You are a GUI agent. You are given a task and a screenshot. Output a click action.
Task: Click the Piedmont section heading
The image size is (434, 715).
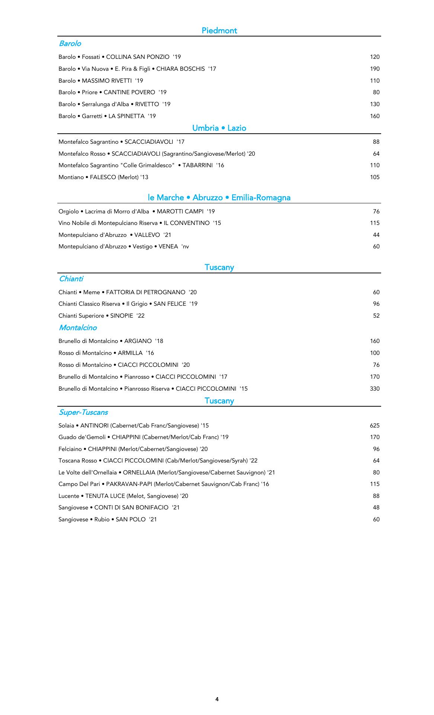[x=219, y=31]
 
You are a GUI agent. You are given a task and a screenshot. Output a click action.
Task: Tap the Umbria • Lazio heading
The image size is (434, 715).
[x=219, y=128]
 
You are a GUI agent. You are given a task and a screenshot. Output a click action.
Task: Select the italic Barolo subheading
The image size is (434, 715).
[x=70, y=44]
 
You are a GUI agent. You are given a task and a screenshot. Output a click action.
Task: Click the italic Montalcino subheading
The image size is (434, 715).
[x=78, y=328]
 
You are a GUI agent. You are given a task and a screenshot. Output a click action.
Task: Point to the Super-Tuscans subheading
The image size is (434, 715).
[x=83, y=412]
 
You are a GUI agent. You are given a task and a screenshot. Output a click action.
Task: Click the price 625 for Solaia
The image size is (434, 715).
[x=374, y=426]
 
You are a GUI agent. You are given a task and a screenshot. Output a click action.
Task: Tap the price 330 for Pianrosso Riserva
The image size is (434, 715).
[x=374, y=389]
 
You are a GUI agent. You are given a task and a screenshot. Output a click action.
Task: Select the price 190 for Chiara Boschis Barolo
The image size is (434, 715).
[x=374, y=69]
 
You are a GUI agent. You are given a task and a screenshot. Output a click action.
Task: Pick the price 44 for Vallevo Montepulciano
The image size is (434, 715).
[x=376, y=235]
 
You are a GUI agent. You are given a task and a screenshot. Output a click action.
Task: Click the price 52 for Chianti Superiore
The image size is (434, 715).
[x=376, y=316]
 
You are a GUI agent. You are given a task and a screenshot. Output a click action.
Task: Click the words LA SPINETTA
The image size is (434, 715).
[x=126, y=116]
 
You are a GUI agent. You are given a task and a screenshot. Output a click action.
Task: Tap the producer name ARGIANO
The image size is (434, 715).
[x=138, y=341]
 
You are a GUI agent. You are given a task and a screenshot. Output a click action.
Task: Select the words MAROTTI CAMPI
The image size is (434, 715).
[x=180, y=212]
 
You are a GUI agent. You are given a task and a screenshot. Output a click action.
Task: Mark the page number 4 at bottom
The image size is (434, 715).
[x=217, y=699]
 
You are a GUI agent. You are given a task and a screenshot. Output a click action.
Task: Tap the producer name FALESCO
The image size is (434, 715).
[x=103, y=177]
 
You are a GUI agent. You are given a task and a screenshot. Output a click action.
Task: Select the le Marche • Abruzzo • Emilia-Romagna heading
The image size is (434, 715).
[x=219, y=198]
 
